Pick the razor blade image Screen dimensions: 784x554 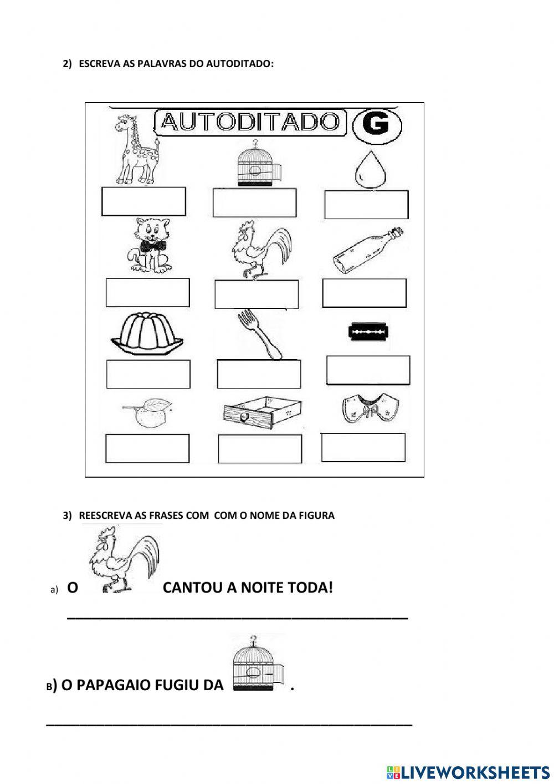368,332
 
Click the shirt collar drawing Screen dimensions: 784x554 370,409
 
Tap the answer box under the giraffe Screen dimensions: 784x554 143,201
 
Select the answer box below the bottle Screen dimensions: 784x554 364,293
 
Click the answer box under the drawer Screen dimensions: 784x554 260,449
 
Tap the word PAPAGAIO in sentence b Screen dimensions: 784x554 113,685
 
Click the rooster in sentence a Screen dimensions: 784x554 123,560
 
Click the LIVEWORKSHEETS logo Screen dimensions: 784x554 468,772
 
